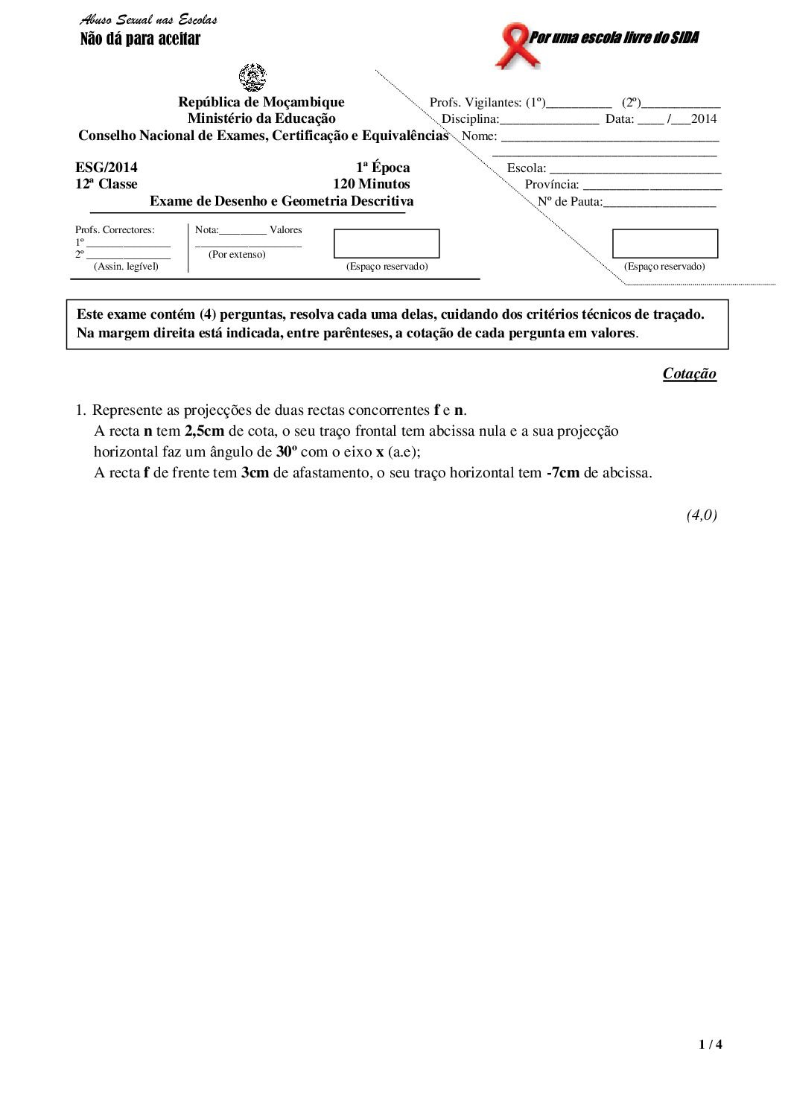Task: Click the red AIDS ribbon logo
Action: point(512,45)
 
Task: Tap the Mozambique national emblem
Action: point(252,77)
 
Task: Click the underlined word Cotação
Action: point(689,374)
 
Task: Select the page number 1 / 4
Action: point(711,1045)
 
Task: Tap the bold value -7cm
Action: point(562,472)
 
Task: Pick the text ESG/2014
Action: point(107,168)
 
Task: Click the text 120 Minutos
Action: point(371,184)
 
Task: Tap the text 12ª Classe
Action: point(107,184)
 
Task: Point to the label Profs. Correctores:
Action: point(115,230)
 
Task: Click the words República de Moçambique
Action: point(261,102)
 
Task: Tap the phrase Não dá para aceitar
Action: point(140,39)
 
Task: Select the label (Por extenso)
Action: point(237,254)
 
